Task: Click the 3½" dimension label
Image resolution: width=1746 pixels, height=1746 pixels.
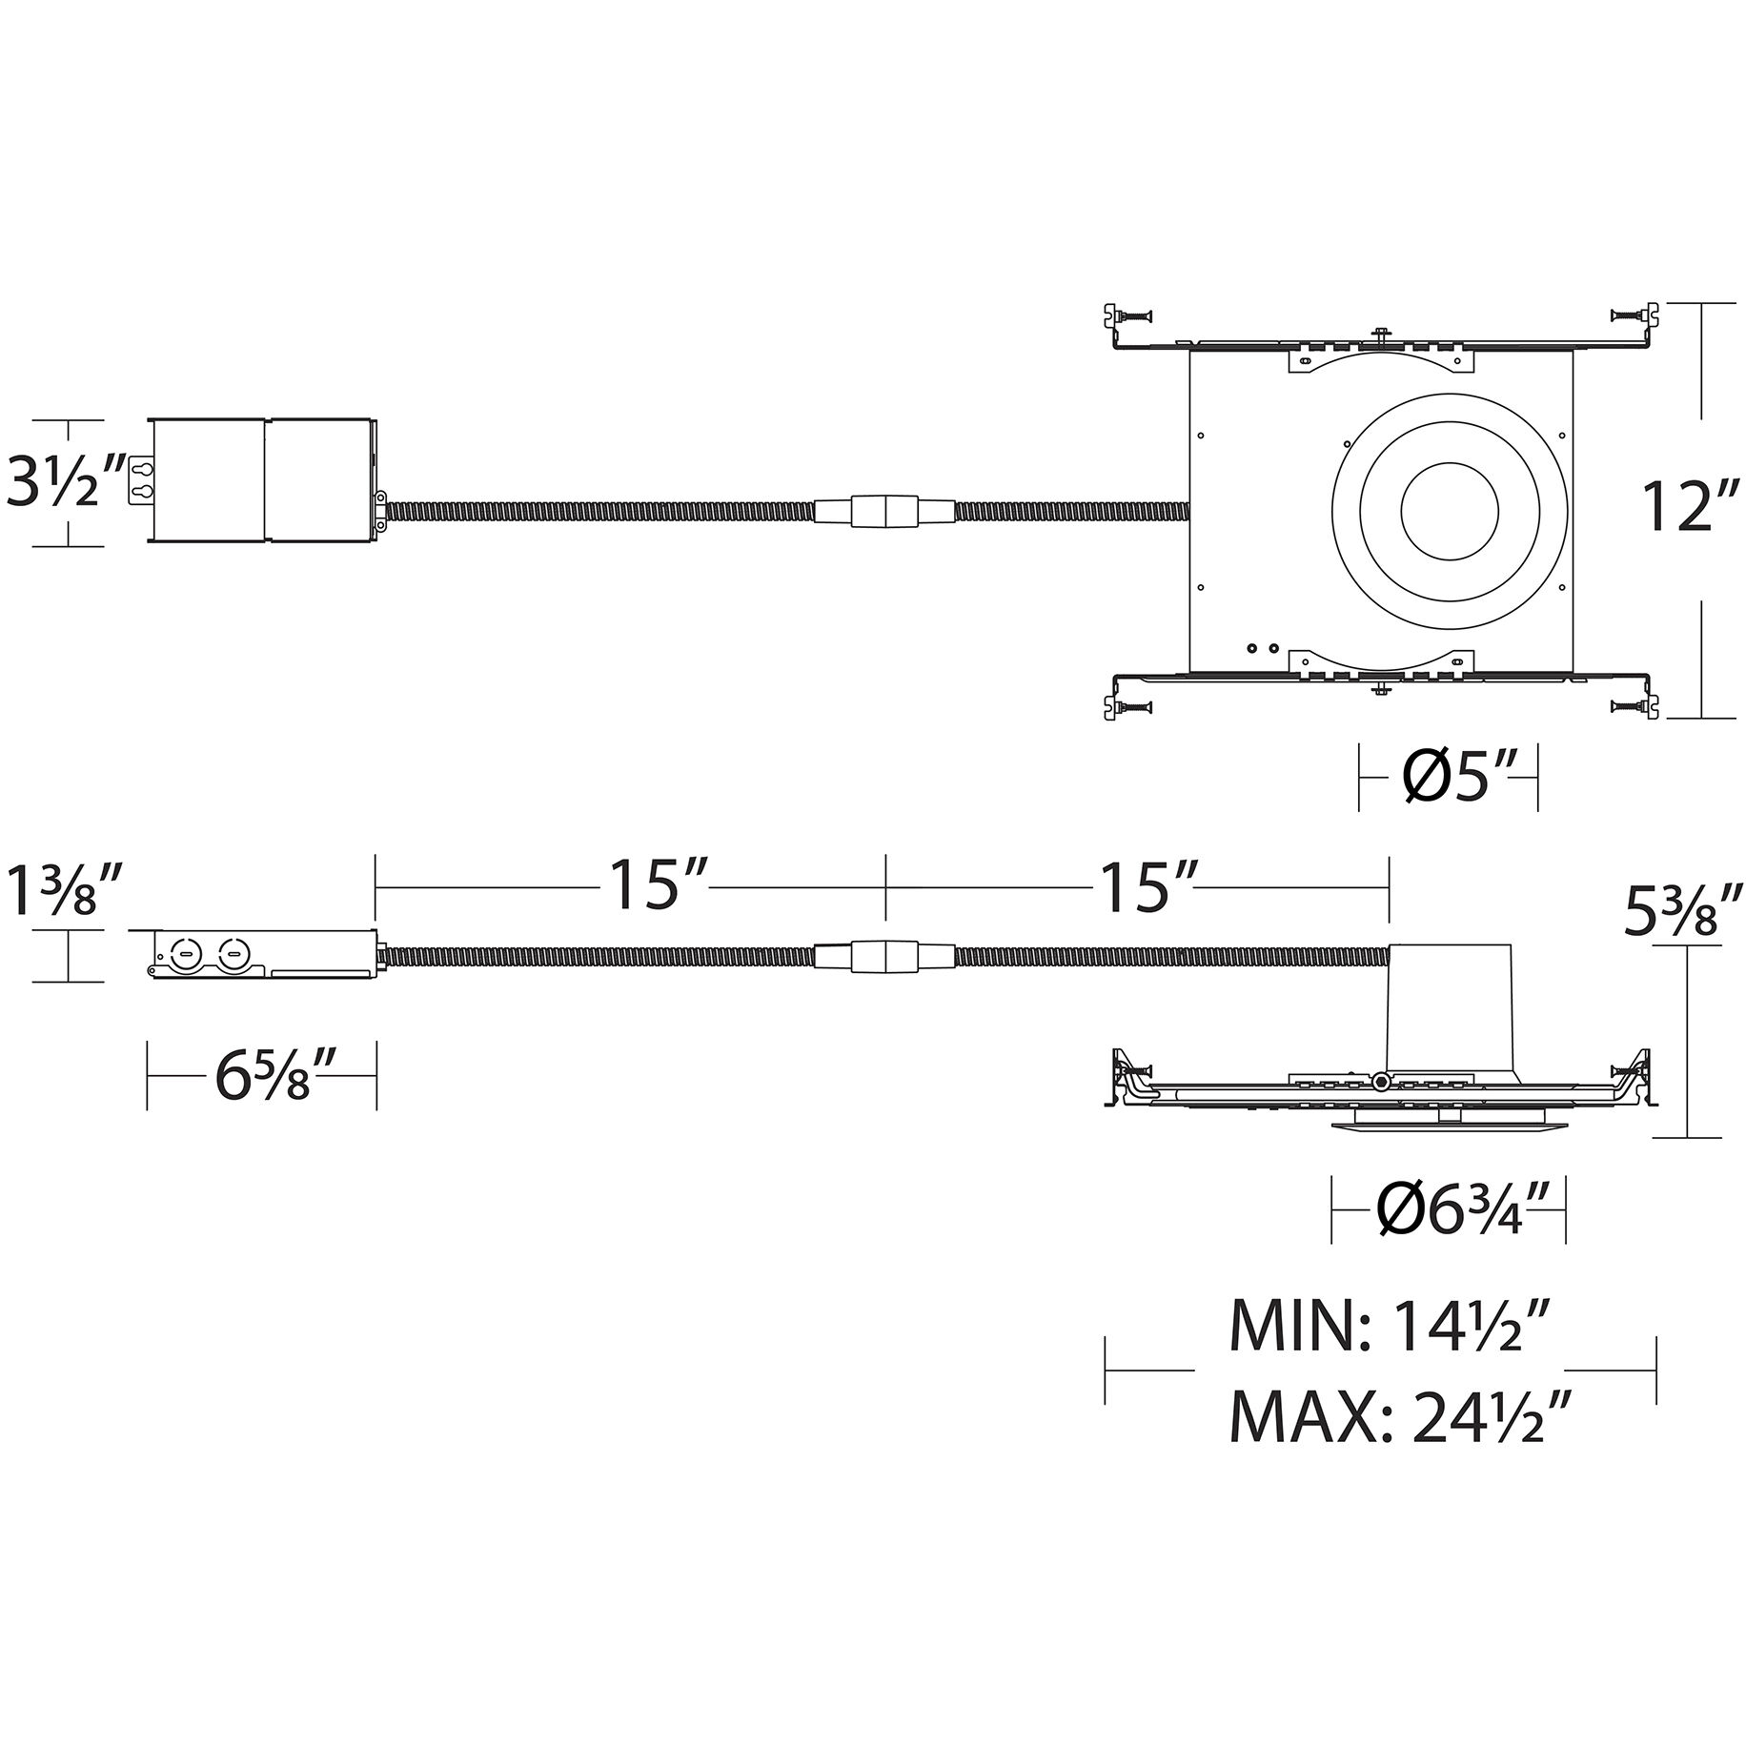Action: point(65,481)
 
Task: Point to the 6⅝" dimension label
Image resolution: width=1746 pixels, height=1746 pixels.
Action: point(262,1075)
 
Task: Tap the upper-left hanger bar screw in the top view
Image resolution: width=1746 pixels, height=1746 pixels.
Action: point(1135,315)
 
